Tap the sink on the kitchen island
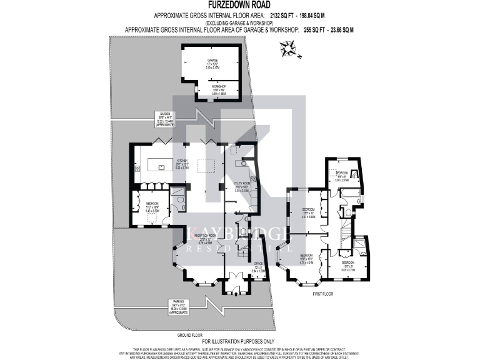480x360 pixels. (161, 167)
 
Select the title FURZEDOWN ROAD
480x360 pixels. (240, 5)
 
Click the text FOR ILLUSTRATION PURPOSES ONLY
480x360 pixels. (240, 341)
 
